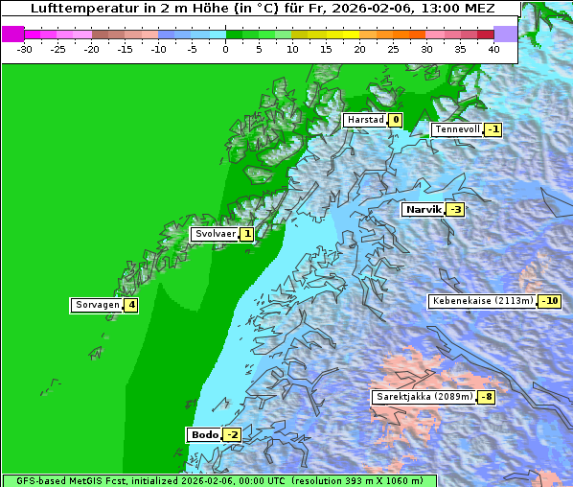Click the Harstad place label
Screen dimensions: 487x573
click(365, 120)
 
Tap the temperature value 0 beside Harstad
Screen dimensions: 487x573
click(395, 120)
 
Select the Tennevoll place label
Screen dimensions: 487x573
click(456, 129)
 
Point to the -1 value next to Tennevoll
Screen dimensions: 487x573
click(493, 129)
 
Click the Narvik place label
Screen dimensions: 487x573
click(423, 209)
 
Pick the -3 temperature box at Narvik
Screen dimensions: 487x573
click(455, 210)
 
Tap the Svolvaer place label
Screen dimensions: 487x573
click(215, 234)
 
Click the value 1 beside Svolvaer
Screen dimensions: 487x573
click(246, 234)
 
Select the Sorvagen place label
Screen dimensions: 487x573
click(97, 306)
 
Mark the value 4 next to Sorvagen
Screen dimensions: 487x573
click(131, 306)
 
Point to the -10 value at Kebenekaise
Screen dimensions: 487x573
click(549, 301)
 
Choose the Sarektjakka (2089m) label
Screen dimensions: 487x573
click(424, 397)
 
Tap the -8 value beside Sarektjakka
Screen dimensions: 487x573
click(487, 397)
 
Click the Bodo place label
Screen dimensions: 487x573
click(204, 435)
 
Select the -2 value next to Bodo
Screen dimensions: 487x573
click(233, 435)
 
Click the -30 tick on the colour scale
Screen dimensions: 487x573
click(24, 48)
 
